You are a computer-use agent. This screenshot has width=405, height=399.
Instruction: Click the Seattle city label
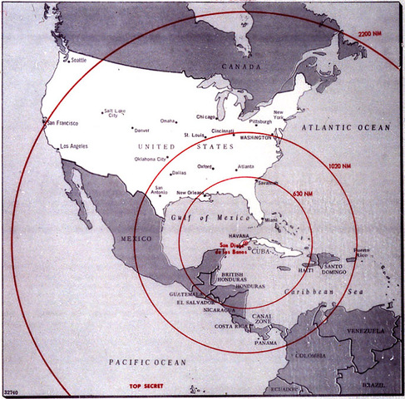click(x=78, y=60)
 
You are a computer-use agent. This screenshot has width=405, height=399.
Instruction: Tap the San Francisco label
click(x=62, y=123)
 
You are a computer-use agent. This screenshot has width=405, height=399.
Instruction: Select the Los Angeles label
click(x=73, y=146)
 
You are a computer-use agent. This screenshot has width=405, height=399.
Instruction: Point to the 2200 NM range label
click(x=370, y=33)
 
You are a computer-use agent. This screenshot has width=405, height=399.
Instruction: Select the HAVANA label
click(x=230, y=235)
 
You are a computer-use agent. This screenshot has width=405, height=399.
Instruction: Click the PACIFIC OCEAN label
click(x=146, y=362)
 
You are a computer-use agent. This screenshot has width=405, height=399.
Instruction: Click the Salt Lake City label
click(x=114, y=113)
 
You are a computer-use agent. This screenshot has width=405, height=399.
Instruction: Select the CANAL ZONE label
click(x=264, y=318)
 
